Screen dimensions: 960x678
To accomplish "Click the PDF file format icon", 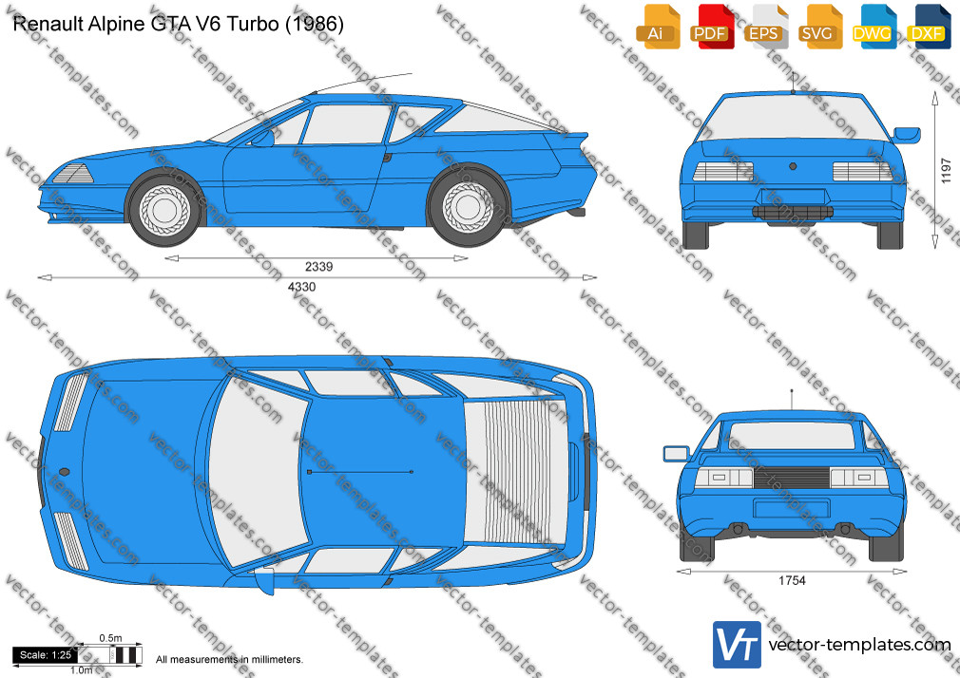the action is click(711, 27).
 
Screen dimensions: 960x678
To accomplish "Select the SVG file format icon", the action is click(819, 27).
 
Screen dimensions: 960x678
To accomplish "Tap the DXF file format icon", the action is click(928, 27).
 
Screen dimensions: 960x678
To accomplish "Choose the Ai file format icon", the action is click(658, 27).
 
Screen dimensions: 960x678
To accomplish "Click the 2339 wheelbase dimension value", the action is click(318, 267).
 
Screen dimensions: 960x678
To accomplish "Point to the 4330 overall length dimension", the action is click(302, 287).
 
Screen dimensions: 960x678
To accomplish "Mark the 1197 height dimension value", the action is click(946, 171).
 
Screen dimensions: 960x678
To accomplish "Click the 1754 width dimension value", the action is click(792, 581).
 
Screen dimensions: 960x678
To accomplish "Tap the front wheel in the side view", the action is click(164, 209).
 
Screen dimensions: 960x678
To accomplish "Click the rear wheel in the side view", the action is click(468, 206).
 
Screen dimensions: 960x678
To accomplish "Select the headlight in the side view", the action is click(73, 175).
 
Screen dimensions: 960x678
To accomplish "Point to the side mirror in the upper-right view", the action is click(907, 135).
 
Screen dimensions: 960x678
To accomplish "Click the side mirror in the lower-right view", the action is click(677, 454).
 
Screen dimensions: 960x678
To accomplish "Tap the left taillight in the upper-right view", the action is click(722, 171).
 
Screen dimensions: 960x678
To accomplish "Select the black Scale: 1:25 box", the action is click(46, 655).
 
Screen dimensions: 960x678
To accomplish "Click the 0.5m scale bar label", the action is click(111, 638).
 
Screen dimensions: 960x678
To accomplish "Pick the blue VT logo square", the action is click(737, 645).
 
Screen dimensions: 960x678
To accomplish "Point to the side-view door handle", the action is click(387, 158).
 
